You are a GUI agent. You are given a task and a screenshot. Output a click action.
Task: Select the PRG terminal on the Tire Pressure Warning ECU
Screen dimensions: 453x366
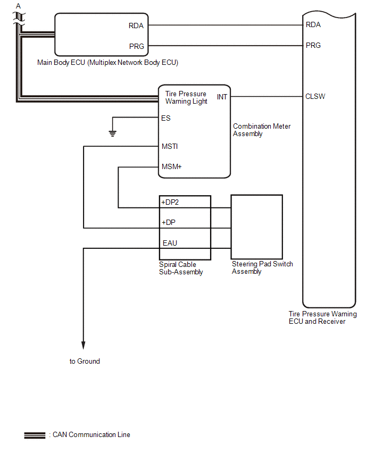(x=313, y=45)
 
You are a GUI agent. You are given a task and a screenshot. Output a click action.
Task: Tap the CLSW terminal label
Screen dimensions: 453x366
(x=315, y=97)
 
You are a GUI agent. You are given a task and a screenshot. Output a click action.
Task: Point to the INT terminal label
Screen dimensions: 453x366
(x=222, y=97)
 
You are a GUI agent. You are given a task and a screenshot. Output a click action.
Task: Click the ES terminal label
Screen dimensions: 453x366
(x=166, y=118)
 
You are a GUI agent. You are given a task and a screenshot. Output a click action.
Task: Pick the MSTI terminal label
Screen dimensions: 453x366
(x=169, y=146)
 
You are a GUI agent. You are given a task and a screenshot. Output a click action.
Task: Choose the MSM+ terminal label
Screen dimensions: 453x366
(x=171, y=166)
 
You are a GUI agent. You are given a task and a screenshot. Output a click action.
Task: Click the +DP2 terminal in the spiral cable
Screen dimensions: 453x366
(x=171, y=203)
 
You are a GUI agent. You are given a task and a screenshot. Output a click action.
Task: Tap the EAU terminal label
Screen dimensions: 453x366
(x=170, y=243)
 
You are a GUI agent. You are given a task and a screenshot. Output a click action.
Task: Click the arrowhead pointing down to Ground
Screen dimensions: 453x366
(x=84, y=343)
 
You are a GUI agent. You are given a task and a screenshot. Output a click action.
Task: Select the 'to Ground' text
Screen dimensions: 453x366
(x=85, y=362)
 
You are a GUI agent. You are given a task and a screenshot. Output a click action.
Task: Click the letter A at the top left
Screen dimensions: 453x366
(x=19, y=5)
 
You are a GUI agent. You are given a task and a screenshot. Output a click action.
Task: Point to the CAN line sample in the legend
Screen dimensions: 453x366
(x=35, y=435)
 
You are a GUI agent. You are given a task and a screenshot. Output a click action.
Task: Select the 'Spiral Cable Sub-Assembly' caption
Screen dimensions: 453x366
(x=181, y=268)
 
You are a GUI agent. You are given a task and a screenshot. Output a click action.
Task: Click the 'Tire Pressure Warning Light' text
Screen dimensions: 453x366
(x=186, y=97)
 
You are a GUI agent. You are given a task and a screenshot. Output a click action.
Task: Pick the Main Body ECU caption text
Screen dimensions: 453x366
(x=107, y=63)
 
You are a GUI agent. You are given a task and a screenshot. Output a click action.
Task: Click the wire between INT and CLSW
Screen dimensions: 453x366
(x=266, y=97)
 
